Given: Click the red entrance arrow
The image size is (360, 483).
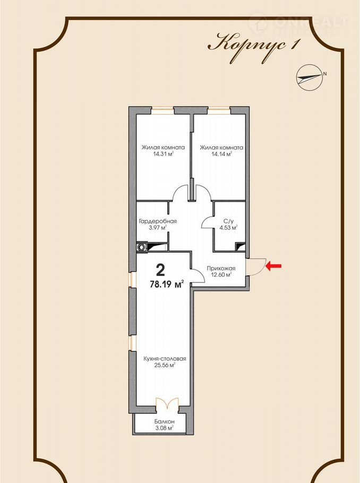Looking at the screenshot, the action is coord(273,265).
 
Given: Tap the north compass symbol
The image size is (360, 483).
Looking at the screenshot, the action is coord(310,77).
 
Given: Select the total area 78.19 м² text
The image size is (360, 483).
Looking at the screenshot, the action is coord(167,284).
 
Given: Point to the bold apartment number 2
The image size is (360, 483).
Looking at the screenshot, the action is coord(160,270).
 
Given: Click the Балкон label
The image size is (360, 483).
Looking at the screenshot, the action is coord(165,421).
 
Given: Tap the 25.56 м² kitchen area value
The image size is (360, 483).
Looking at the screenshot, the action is coord(165,366).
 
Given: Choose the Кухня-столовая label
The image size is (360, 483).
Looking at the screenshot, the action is coord(165,359).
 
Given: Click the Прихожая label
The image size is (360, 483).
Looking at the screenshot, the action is coord(221,268).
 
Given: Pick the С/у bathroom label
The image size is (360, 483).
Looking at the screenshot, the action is coord(228,221).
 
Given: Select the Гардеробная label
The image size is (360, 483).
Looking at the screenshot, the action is coord(158,221).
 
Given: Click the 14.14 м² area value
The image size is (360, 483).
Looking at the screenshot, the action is coord(221,154).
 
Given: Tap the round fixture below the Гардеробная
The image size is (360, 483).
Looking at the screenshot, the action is coord(142,247).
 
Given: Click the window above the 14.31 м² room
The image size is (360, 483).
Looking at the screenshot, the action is coord(162,108).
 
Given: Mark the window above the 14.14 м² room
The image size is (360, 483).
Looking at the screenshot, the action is coord(219,108).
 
